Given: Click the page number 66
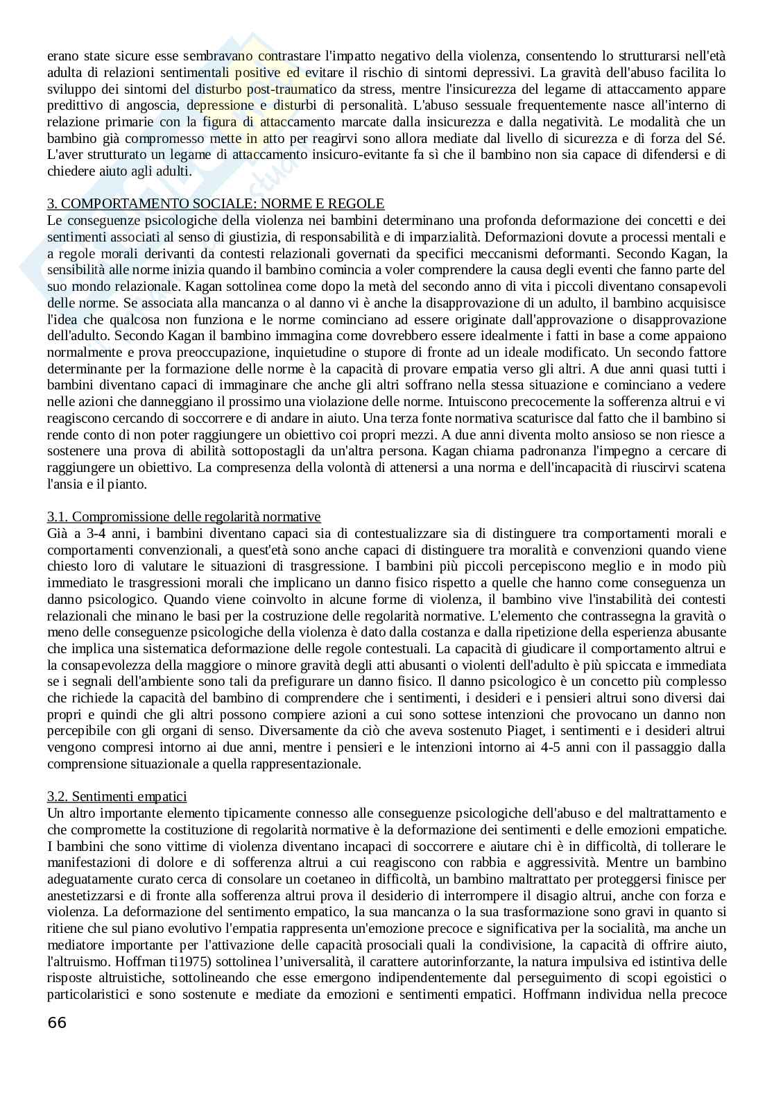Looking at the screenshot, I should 57,1022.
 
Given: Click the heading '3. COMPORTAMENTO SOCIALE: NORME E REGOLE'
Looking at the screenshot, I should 216,203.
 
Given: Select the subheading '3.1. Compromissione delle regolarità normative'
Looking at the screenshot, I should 184,516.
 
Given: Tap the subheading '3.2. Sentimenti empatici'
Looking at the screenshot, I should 117,796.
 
